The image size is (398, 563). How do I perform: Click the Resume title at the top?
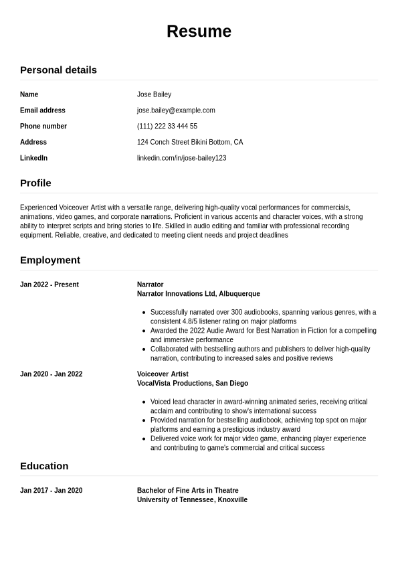[199, 31]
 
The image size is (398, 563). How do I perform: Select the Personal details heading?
[58, 70]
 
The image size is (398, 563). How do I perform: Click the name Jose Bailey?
[154, 94]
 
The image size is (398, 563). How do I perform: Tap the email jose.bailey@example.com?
[176, 110]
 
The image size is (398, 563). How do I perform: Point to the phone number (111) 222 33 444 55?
[167, 127]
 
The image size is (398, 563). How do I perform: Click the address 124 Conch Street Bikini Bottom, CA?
[190, 142]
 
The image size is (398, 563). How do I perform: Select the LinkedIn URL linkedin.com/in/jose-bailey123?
[181, 158]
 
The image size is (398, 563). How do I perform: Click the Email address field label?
[43, 110]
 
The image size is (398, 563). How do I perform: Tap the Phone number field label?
[43, 127]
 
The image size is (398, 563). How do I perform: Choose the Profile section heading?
[35, 183]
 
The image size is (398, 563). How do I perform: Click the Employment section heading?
[50, 260]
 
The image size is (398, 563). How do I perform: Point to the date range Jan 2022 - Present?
[49, 285]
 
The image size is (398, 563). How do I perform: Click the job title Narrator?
[150, 285]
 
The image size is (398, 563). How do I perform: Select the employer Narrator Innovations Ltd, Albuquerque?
[199, 294]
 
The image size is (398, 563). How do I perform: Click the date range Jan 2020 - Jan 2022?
[52, 374]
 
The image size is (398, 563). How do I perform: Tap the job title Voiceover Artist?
[163, 374]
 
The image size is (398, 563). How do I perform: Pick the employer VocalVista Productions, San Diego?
[193, 384]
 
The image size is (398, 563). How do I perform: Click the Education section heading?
[44, 466]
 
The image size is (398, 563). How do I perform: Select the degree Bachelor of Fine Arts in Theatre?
[188, 491]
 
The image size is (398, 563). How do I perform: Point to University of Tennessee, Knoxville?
[192, 500]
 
